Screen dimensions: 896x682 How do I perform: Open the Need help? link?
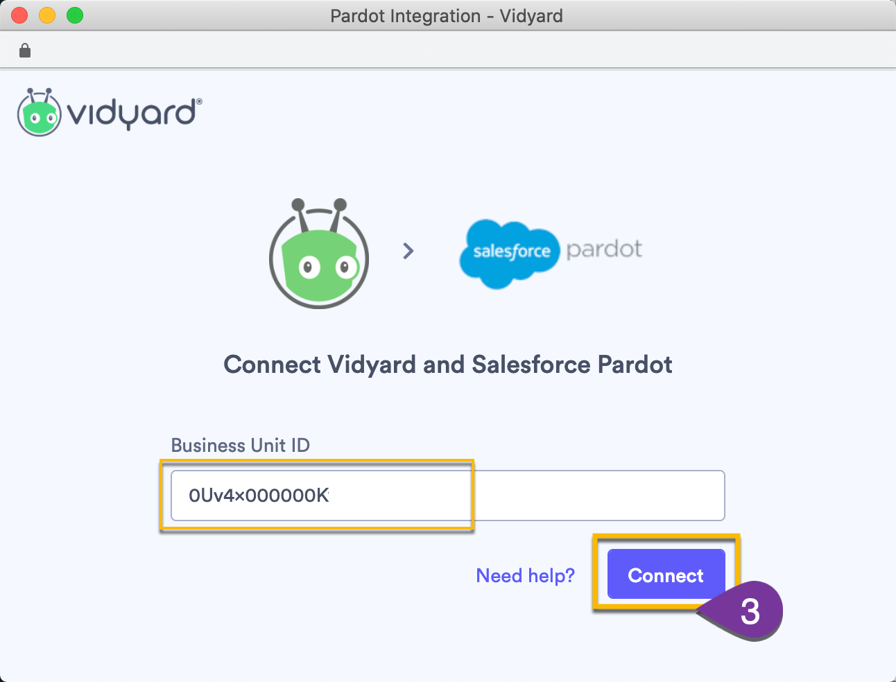[525, 575]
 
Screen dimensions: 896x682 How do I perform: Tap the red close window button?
[19, 15]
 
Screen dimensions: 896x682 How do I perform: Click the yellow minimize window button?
[47, 15]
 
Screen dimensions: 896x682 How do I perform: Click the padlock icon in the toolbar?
[25, 51]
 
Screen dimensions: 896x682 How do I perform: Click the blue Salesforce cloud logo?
[509, 252]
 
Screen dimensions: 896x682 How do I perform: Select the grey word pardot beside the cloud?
[604, 250]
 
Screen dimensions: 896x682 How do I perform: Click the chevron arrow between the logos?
[408, 251]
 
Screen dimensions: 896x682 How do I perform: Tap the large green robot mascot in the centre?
[319, 255]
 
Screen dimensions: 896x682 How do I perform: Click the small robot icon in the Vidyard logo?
[40, 112]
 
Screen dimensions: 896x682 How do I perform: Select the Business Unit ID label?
[240, 445]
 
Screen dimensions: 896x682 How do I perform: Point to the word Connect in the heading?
[272, 365]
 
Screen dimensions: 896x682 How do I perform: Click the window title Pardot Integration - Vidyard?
[447, 15]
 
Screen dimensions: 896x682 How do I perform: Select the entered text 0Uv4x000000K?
[259, 496]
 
